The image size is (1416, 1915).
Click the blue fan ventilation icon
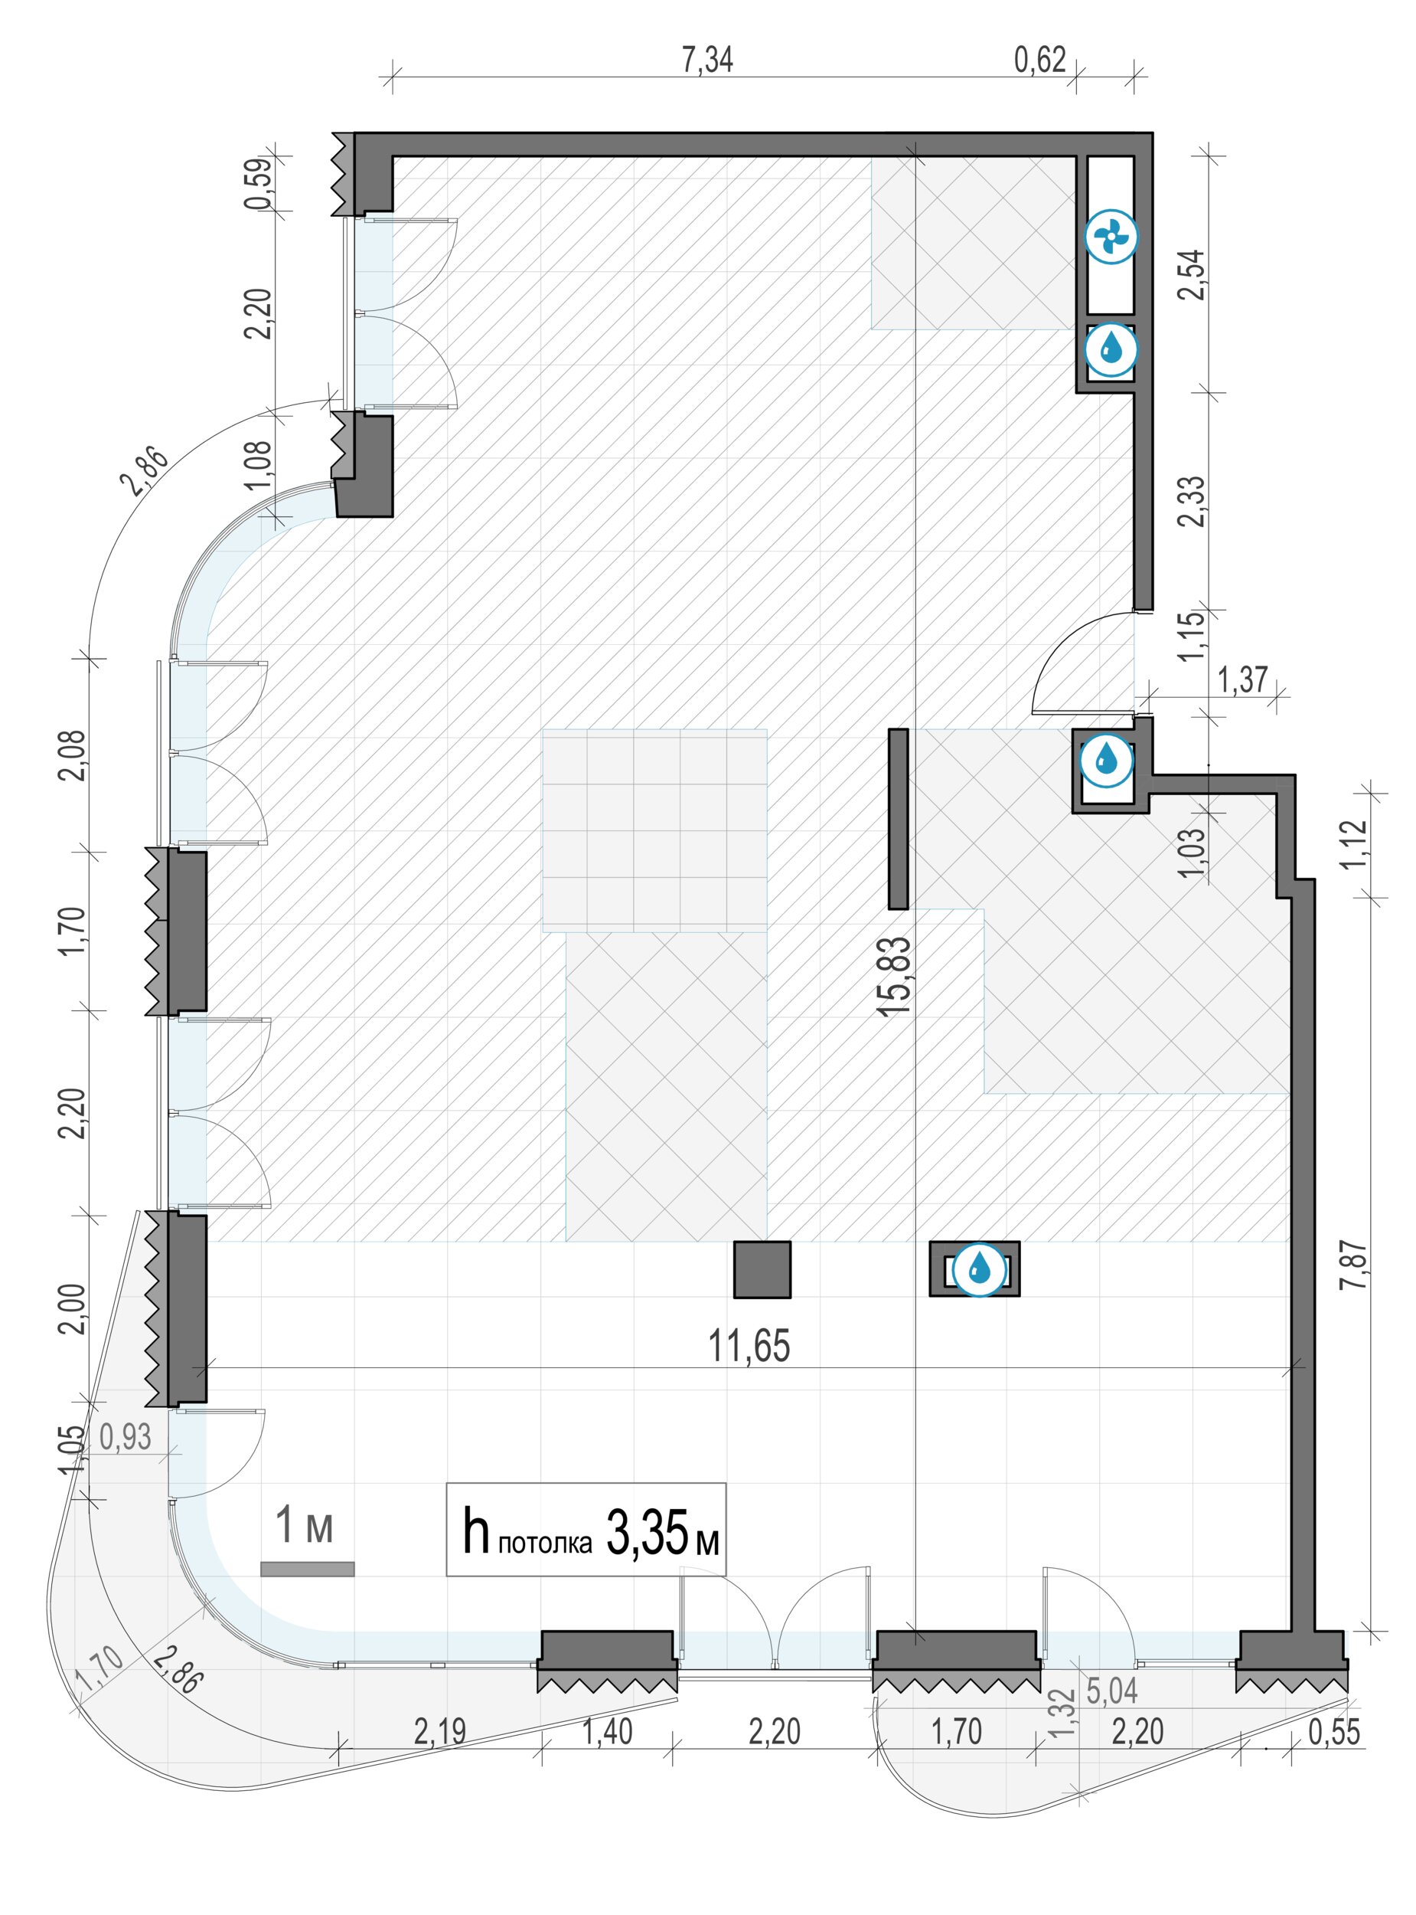pos(1111,237)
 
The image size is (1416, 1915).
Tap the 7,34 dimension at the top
pos(707,60)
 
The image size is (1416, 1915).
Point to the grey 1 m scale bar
pos(307,1570)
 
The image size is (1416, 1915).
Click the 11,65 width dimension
pos(749,1347)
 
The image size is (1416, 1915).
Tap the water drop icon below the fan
pos(1111,349)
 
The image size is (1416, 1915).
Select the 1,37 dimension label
pos(1242,680)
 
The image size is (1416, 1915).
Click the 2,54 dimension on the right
pos(1192,273)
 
